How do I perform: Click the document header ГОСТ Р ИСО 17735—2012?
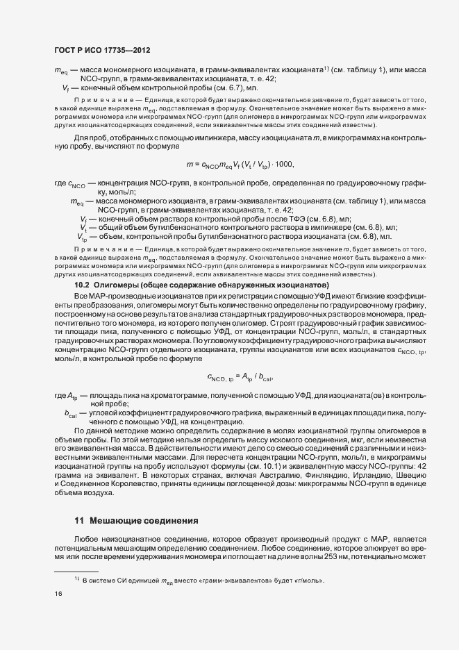coord(103,51)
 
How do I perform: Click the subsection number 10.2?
coord(83,286)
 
